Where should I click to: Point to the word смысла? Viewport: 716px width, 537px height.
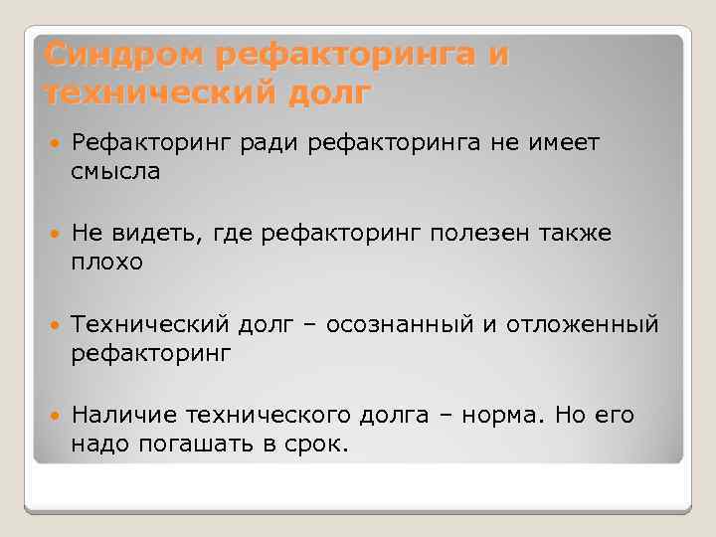pyautogui.click(x=115, y=171)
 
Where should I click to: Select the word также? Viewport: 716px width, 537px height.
pyautogui.click(x=577, y=235)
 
